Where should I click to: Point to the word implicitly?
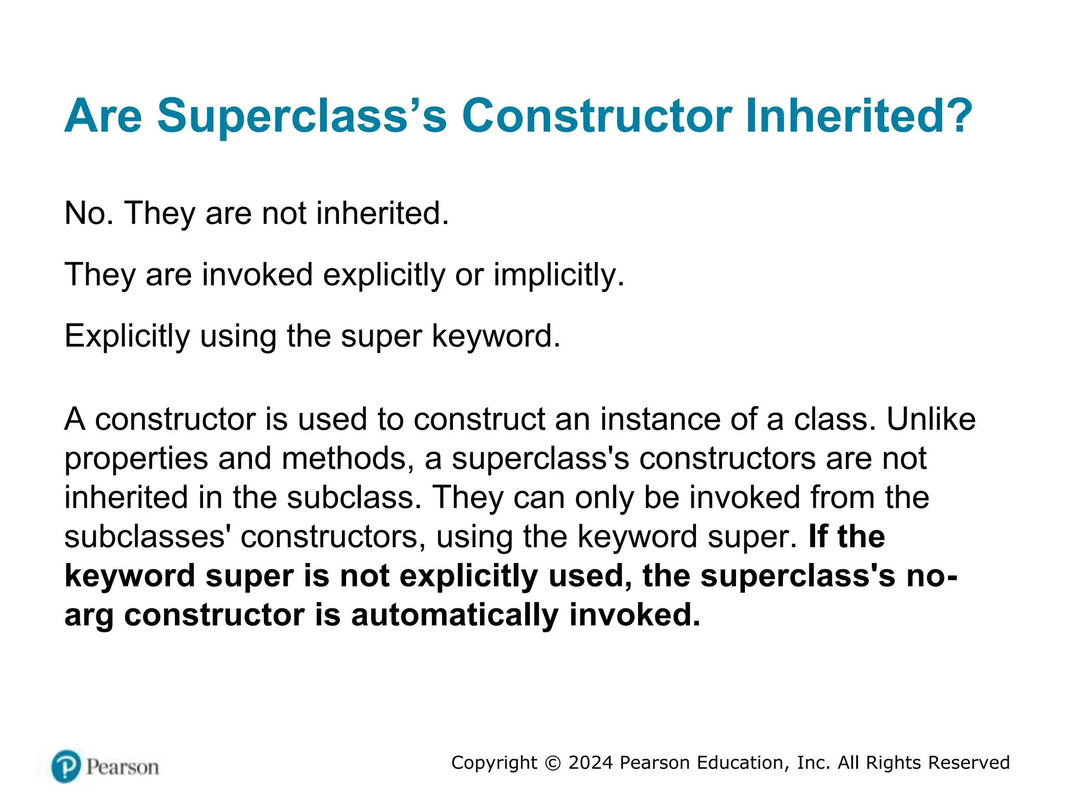pyautogui.click(x=558, y=274)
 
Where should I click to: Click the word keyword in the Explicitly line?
pyautogui.click(x=496, y=336)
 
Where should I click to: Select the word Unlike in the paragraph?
pyautogui.click(x=931, y=419)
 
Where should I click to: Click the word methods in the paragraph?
pyautogui.click(x=347, y=458)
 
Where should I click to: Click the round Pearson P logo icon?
pyautogui.click(x=66, y=766)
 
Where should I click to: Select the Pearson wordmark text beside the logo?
pyautogui.click(x=122, y=767)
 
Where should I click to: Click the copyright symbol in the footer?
pyautogui.click(x=553, y=763)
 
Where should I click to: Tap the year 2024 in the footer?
pyautogui.click(x=591, y=763)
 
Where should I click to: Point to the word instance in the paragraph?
pyautogui.click(x=662, y=419)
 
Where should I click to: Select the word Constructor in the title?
pyautogui.click(x=597, y=116)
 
